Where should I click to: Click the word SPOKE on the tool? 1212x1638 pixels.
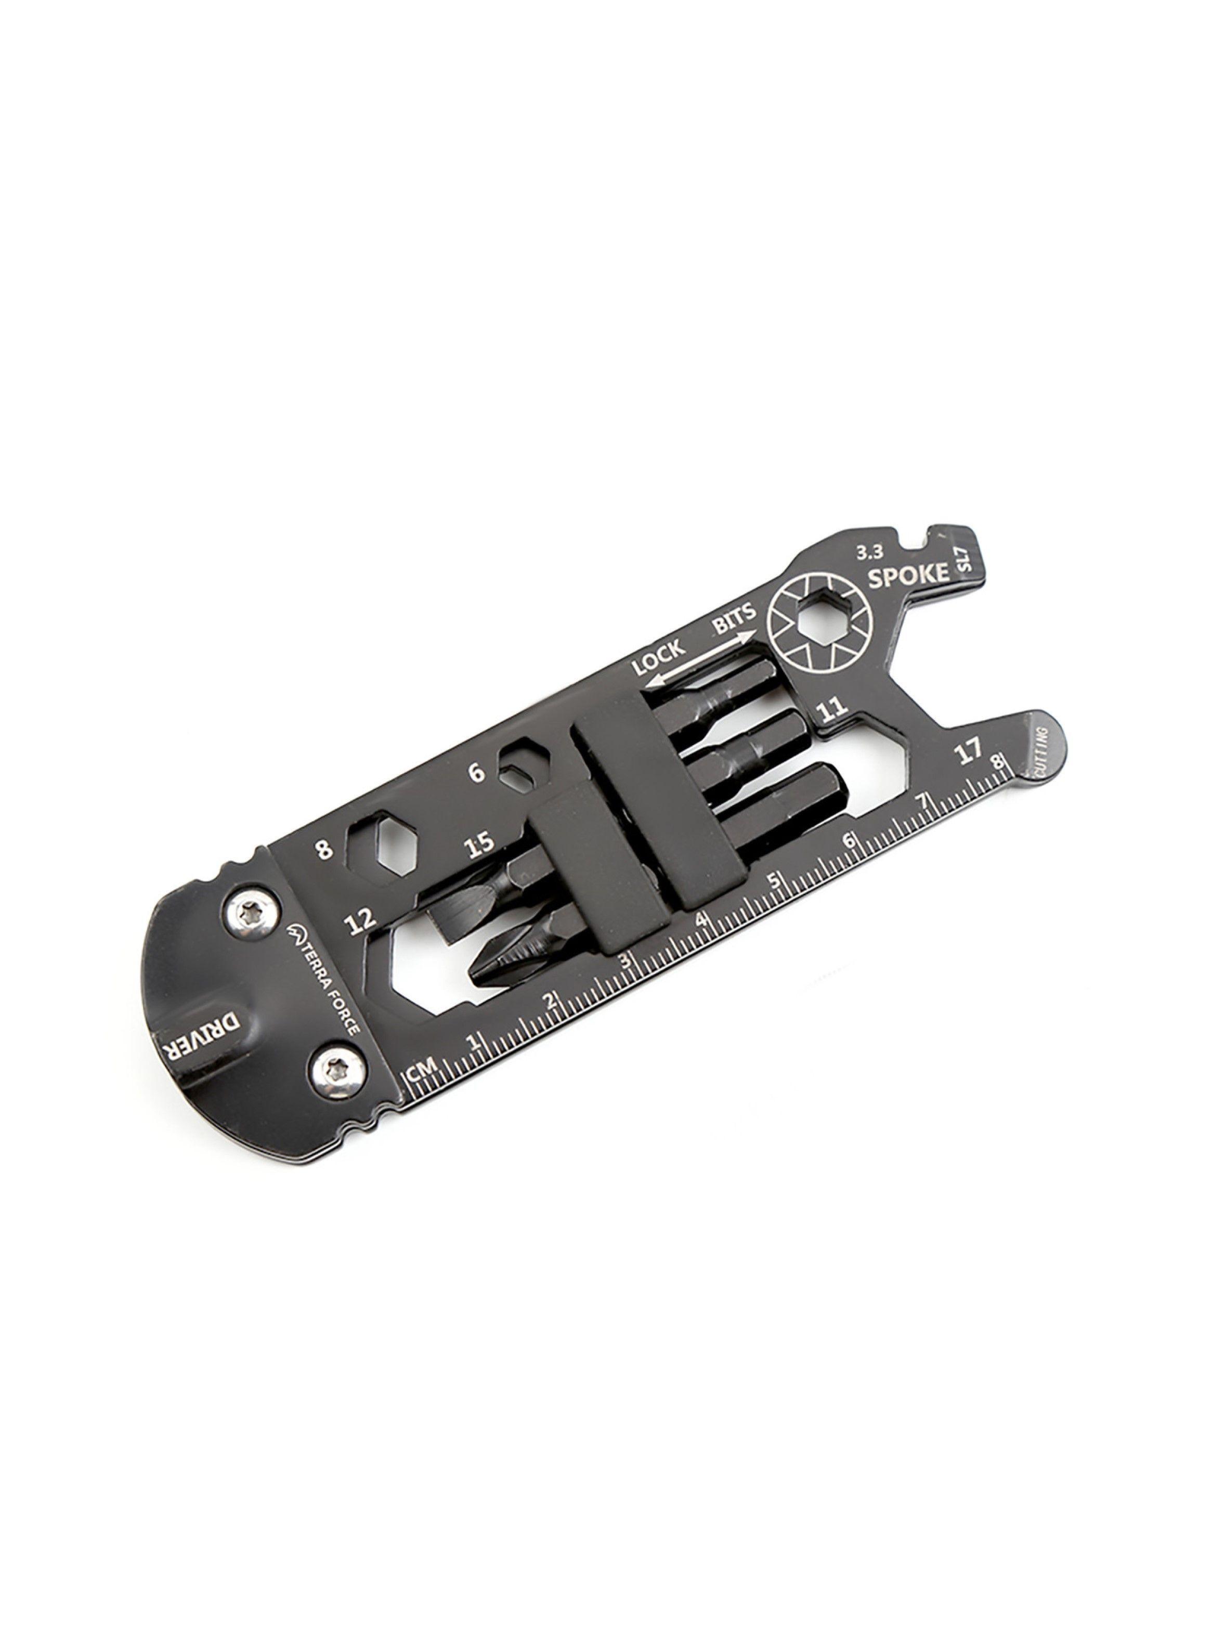tap(908, 575)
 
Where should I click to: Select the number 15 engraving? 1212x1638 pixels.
tap(480, 845)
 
